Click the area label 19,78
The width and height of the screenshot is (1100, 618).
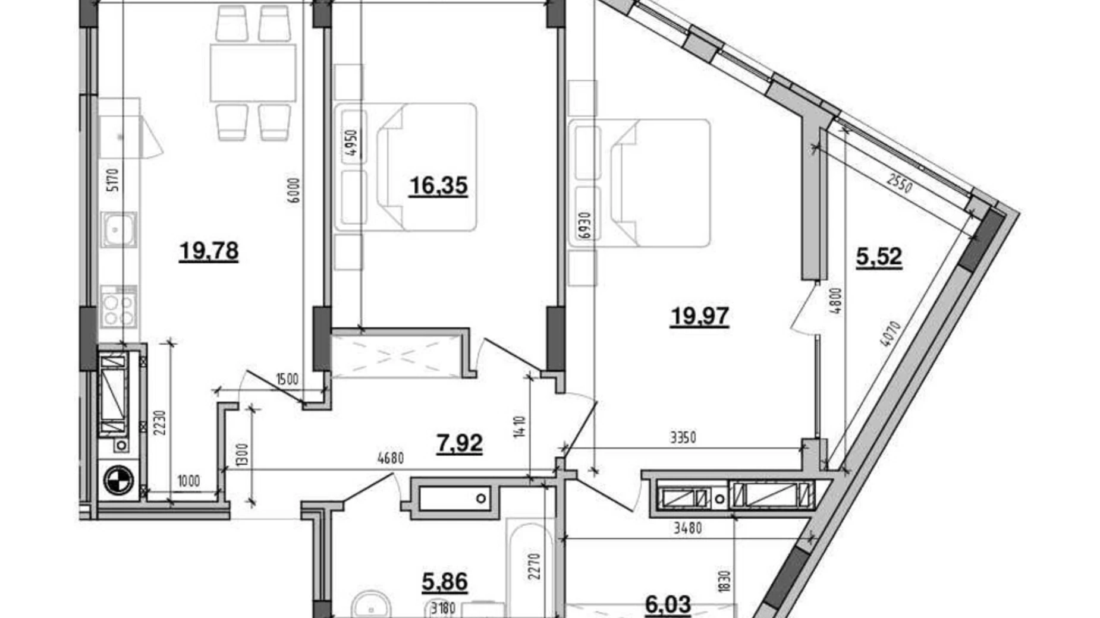(x=209, y=251)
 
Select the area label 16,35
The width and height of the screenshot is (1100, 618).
(x=438, y=186)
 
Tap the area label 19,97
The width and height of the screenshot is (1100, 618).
(x=699, y=316)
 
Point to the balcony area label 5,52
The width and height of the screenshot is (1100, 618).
(x=879, y=257)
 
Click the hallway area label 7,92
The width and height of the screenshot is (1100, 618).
(x=459, y=443)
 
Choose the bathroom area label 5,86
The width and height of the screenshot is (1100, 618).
(x=444, y=582)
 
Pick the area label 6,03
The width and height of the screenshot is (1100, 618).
(x=668, y=605)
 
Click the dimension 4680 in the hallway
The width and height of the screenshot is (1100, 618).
(x=390, y=458)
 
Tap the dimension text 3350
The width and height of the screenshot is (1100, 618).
(x=683, y=439)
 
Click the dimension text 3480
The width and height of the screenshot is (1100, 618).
(x=687, y=528)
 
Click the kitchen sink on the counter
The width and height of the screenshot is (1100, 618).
(x=119, y=229)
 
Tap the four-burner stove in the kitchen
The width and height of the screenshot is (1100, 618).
(x=118, y=306)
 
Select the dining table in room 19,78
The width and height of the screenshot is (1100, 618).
(x=253, y=72)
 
